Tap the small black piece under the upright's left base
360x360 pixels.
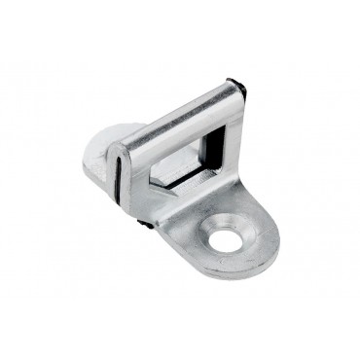pyautogui.click(x=144, y=225)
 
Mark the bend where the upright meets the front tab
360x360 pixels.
pyautogui.click(x=195, y=199)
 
